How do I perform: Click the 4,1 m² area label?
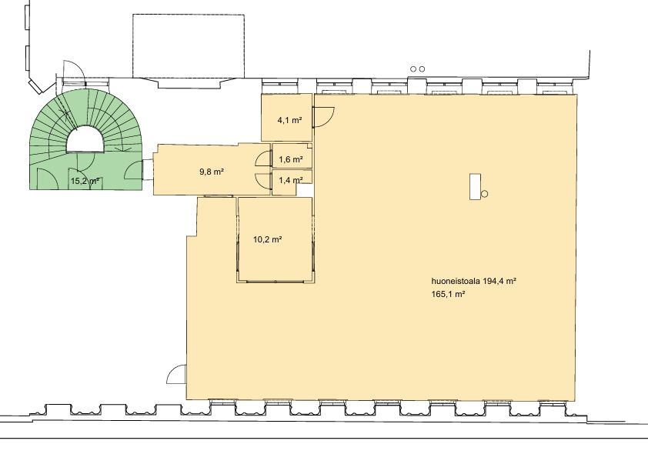tap(289, 120)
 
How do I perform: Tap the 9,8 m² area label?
tap(212, 171)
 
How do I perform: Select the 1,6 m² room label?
tap(291, 159)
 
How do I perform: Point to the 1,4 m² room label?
tap(291, 180)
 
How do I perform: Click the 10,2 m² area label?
tap(267, 239)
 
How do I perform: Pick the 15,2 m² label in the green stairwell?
tap(85, 181)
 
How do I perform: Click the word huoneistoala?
tap(456, 282)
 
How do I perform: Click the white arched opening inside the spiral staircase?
tap(85, 139)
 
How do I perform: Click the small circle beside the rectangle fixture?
tap(485, 194)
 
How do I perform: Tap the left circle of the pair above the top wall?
tap(413, 69)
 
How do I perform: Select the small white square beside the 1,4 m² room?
tap(306, 189)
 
